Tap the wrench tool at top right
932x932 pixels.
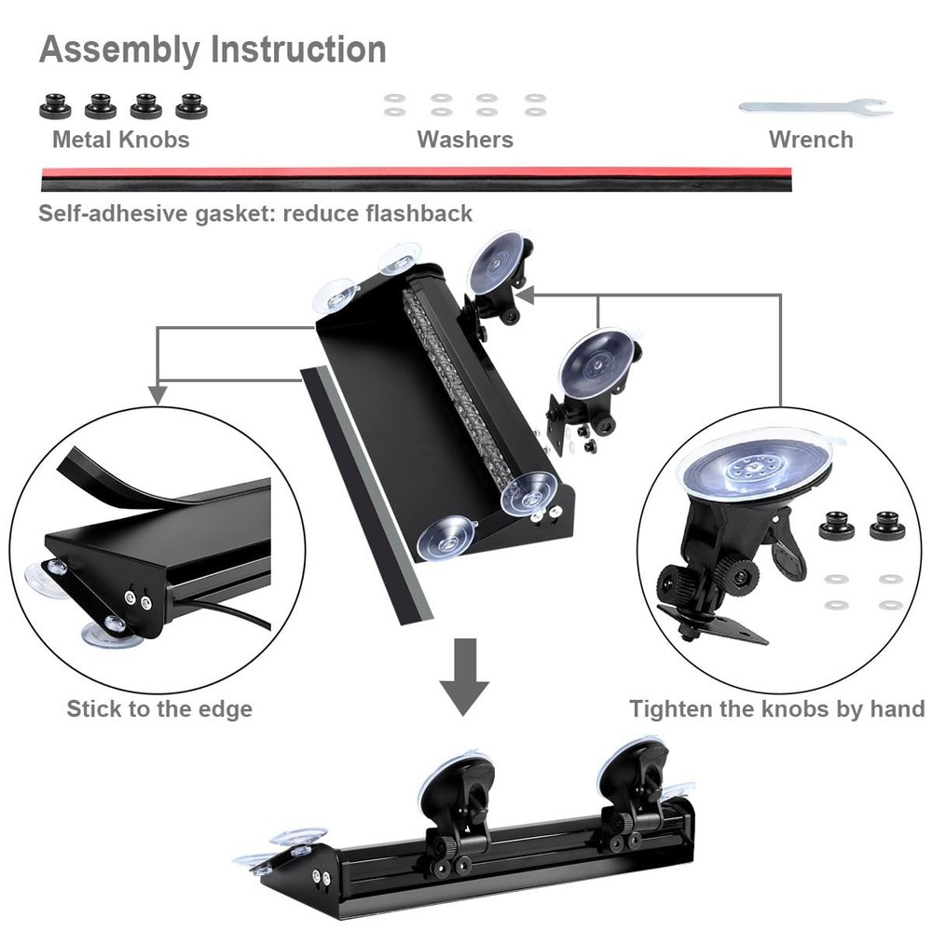(x=815, y=108)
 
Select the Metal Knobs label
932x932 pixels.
(x=120, y=140)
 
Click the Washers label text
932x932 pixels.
(x=464, y=140)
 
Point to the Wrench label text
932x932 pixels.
(x=810, y=140)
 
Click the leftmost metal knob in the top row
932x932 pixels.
(x=55, y=106)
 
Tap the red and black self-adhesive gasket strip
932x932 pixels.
(x=416, y=178)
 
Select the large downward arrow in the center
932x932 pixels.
(x=464, y=677)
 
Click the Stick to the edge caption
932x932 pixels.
(x=159, y=709)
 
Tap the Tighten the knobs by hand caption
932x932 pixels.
(x=776, y=709)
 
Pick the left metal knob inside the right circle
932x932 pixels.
(x=835, y=528)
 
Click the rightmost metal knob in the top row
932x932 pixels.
(x=191, y=106)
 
